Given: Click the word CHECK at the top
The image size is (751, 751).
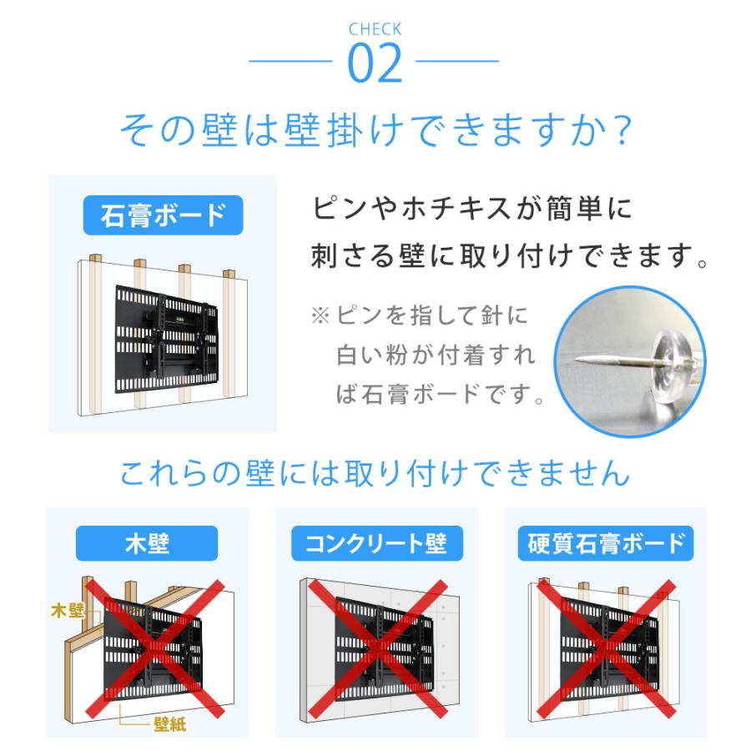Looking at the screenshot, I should coord(375,29).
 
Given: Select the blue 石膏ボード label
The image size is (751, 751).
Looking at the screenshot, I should coord(163,214).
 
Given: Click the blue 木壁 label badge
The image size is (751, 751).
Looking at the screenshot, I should coord(147,545).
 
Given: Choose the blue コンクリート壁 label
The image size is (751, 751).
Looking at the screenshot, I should coord(375,545).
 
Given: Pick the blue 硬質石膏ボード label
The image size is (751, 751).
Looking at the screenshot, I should coord(607,545).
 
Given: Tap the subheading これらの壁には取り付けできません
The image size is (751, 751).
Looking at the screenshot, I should coord(375,474).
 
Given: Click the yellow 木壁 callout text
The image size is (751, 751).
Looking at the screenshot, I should coord(68,611).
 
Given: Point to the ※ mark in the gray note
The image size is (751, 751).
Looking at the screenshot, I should coord(321,317).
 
